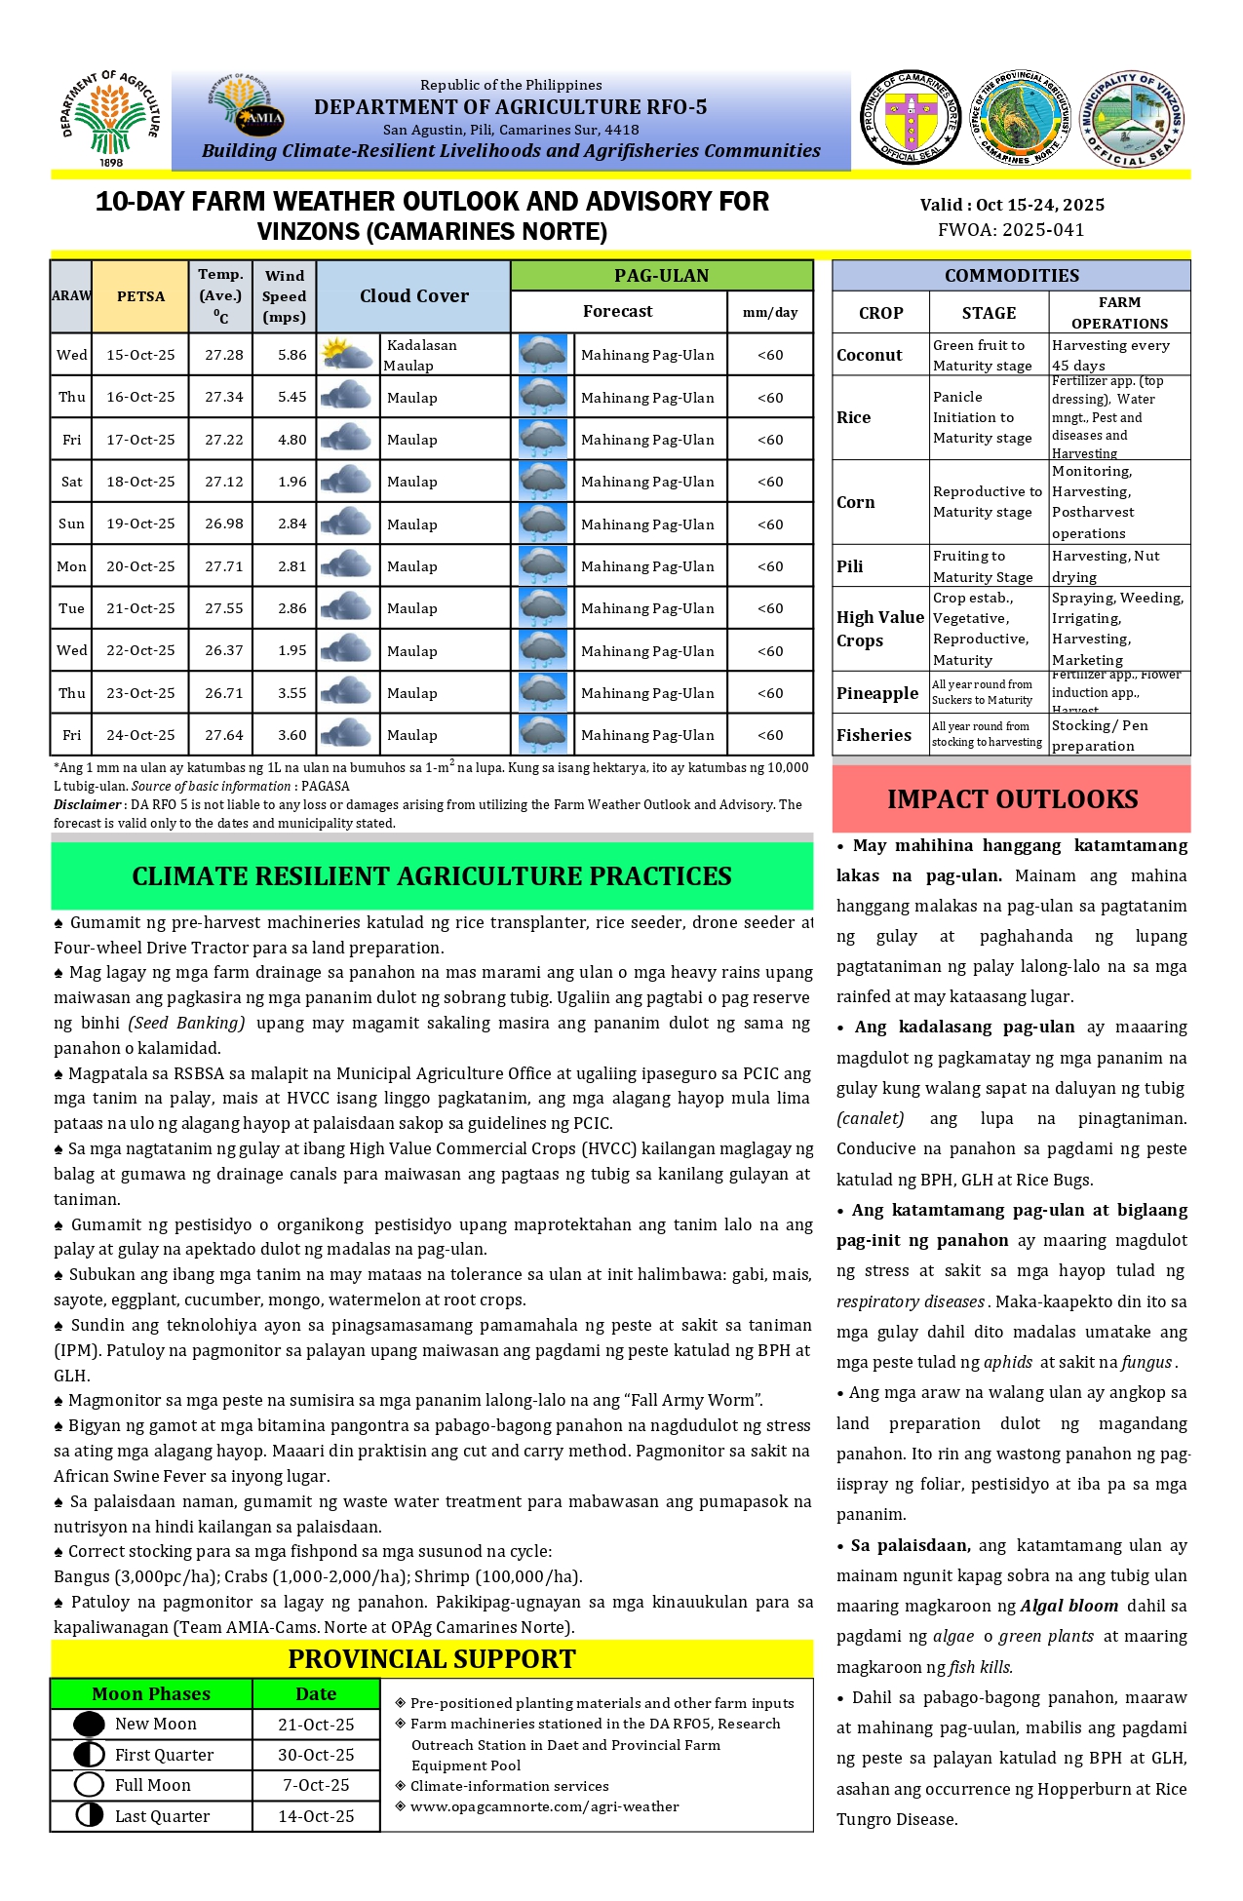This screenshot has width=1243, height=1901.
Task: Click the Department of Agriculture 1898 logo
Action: [x=110, y=118]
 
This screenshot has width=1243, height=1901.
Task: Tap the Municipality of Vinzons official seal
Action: [x=1132, y=118]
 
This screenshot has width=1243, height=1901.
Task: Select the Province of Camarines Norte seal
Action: [x=910, y=118]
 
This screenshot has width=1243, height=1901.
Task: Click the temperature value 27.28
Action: [x=224, y=355]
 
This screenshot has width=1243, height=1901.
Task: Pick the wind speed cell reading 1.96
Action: [x=291, y=482]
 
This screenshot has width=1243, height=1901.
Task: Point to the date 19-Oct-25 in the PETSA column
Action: [x=140, y=524]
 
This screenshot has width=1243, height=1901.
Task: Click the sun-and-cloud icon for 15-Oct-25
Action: [x=347, y=354]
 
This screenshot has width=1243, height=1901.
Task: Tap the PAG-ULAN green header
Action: [x=661, y=276]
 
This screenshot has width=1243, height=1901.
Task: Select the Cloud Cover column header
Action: [x=413, y=296]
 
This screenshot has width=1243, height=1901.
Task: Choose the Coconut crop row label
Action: [x=869, y=355]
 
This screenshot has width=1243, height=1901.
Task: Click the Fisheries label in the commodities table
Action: [x=874, y=735]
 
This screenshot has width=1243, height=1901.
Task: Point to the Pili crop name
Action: [x=849, y=566]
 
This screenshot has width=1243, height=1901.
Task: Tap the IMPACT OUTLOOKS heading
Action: [x=1012, y=799]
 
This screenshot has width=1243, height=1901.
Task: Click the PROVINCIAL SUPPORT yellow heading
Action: [x=432, y=1659]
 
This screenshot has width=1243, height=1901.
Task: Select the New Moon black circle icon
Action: [x=89, y=1724]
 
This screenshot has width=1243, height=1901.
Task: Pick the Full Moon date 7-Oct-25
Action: [x=316, y=1785]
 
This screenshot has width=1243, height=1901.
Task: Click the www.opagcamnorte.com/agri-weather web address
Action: [x=544, y=1806]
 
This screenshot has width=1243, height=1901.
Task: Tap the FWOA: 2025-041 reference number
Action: [x=1011, y=230]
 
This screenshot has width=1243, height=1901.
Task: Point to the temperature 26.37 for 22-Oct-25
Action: [x=224, y=650]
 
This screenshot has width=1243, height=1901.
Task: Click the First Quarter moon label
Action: [x=164, y=1755]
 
